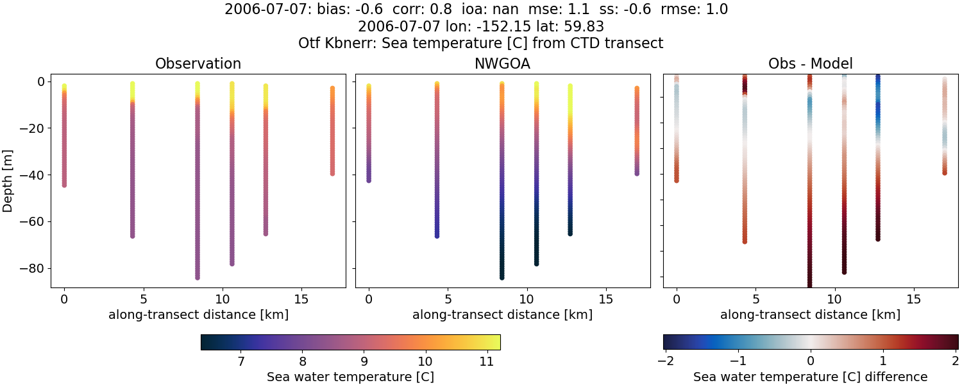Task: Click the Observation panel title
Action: [198, 64]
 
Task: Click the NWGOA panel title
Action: [502, 64]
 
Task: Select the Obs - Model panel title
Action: [810, 64]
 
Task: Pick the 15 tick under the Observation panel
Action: [301, 299]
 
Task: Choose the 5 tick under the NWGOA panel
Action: [448, 299]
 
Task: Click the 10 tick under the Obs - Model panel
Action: [834, 299]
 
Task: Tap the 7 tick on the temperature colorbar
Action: [241, 362]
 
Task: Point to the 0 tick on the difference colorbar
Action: [811, 362]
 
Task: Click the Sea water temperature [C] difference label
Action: [810, 377]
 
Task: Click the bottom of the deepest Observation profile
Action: [198, 277]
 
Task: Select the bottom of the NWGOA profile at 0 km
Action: [369, 180]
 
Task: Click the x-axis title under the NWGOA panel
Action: [502, 315]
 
